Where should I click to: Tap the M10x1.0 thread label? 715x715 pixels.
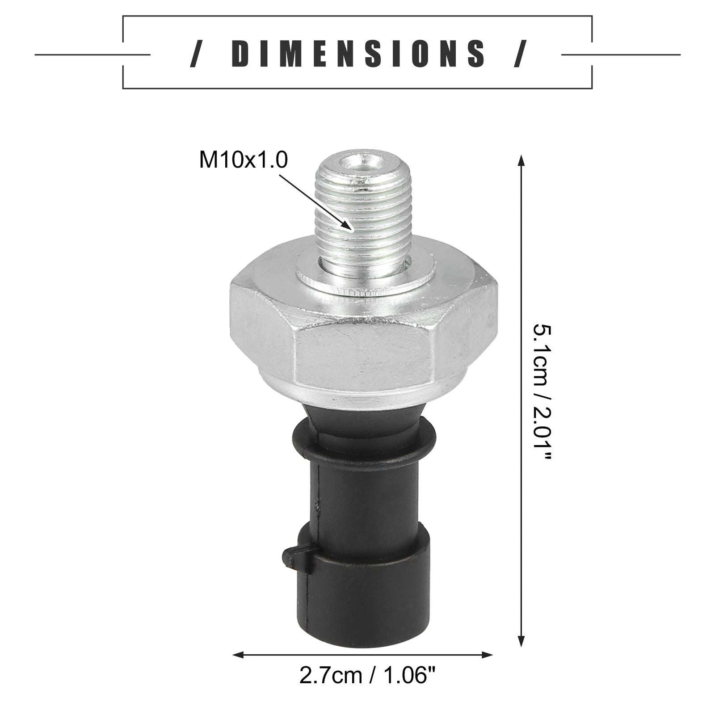[x=244, y=160]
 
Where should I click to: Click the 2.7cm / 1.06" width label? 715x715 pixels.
[x=367, y=675]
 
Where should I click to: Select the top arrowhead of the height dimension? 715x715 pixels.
[x=520, y=162]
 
